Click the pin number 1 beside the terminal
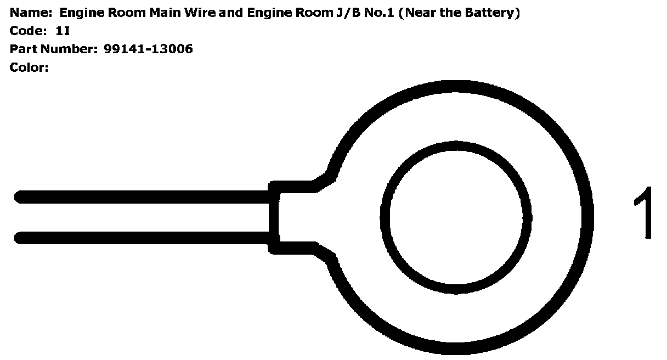pos(645,213)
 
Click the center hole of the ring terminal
pos(456,217)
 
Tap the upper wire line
pos(143,197)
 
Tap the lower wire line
pos(143,238)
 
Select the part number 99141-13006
pos(148,49)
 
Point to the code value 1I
pos(63,31)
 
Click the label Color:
pos(30,67)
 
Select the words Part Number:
pos(53,49)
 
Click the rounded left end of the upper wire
pos(20,197)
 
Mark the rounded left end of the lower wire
pos(20,238)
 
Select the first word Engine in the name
pos(80,12)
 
